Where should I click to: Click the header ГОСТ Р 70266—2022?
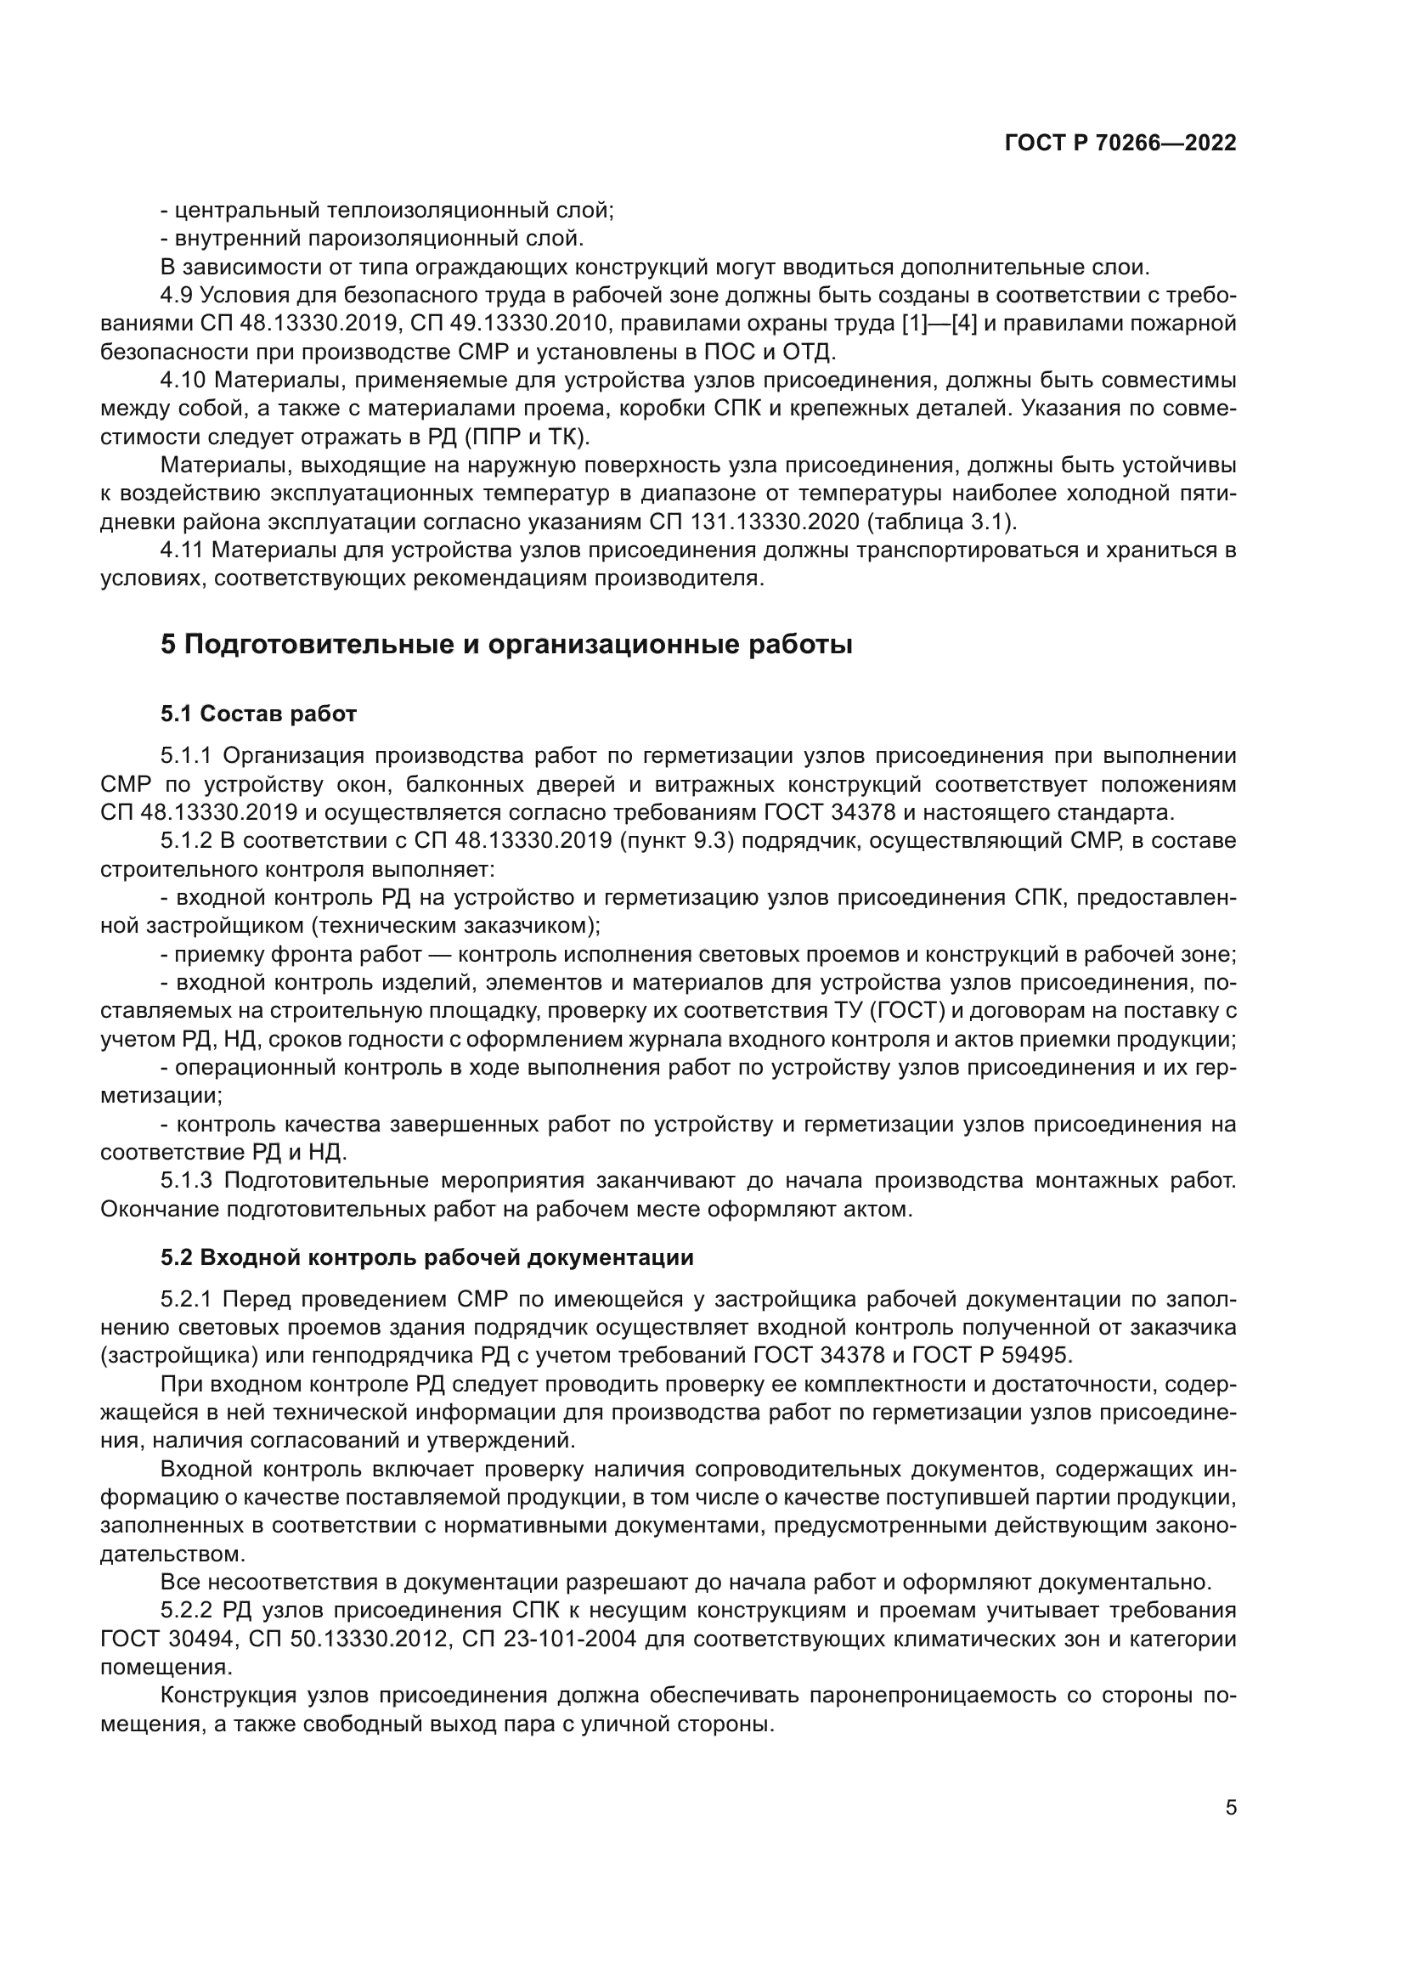(1120, 144)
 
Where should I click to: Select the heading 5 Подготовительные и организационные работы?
(506, 645)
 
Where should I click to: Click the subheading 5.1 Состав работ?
(258, 714)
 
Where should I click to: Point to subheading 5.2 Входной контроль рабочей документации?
(426, 1256)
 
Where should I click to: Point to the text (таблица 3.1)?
(941, 522)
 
